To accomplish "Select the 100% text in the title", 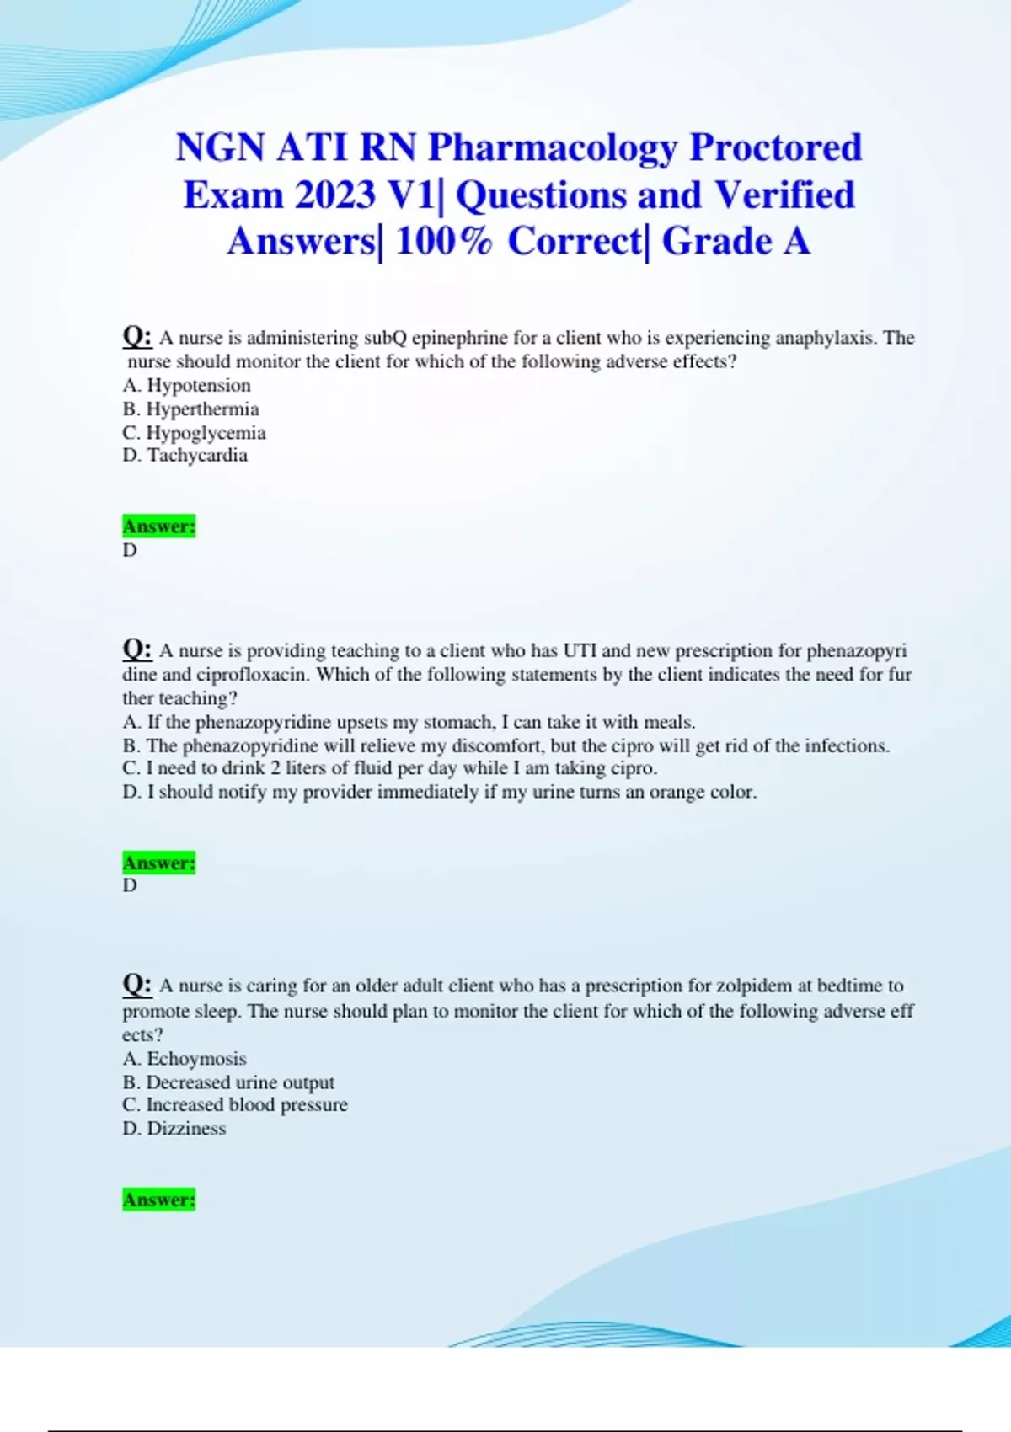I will (x=443, y=242).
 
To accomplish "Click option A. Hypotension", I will (x=187, y=385).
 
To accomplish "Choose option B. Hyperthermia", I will (x=191, y=409).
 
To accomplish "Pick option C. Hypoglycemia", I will (x=195, y=432).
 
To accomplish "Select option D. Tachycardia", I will (x=185, y=455).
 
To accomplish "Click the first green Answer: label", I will (x=158, y=526).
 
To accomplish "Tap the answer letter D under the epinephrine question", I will (x=130, y=550).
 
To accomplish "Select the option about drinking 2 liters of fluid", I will (x=390, y=768).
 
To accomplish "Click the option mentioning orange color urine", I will (x=440, y=792).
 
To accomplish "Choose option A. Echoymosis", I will (x=185, y=1058).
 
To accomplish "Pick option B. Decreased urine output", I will (x=228, y=1082).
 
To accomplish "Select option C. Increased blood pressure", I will (x=235, y=1104).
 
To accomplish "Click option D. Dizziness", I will (x=174, y=1128).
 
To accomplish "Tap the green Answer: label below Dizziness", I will (x=158, y=1200).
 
